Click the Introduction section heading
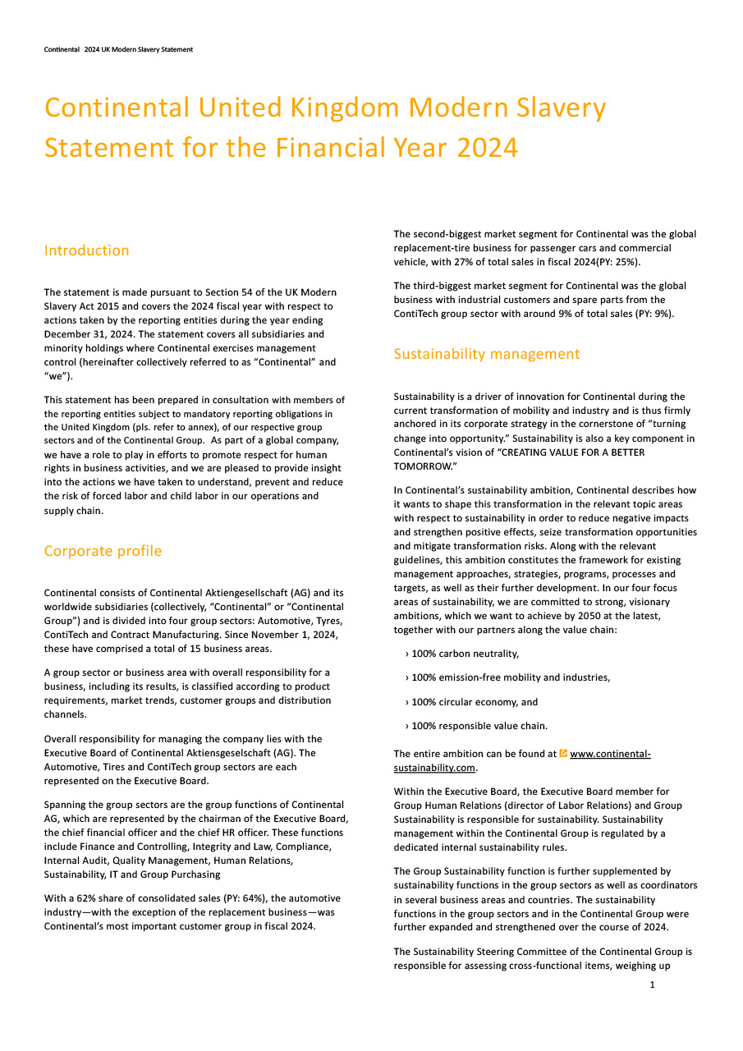86,250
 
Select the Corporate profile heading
103,551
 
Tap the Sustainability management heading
486,354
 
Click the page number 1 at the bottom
652,984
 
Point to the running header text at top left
118,49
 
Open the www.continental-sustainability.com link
610,754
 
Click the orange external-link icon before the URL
563,753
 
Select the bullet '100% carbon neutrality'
465,654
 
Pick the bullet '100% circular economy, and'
475,702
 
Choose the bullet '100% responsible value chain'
479,726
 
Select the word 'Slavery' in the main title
558,108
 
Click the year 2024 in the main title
487,148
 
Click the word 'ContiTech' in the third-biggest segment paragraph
416,314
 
